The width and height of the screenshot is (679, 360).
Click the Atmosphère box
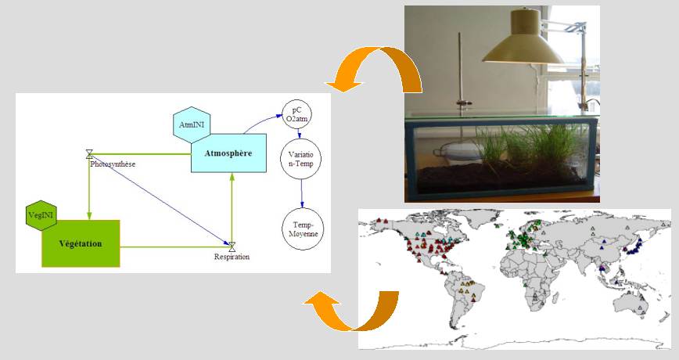point(228,153)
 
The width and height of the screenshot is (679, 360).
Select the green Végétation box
point(81,243)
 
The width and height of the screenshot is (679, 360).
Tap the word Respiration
point(232,257)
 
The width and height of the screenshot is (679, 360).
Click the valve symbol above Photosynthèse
point(90,153)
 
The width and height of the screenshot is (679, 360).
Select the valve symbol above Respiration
point(232,247)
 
